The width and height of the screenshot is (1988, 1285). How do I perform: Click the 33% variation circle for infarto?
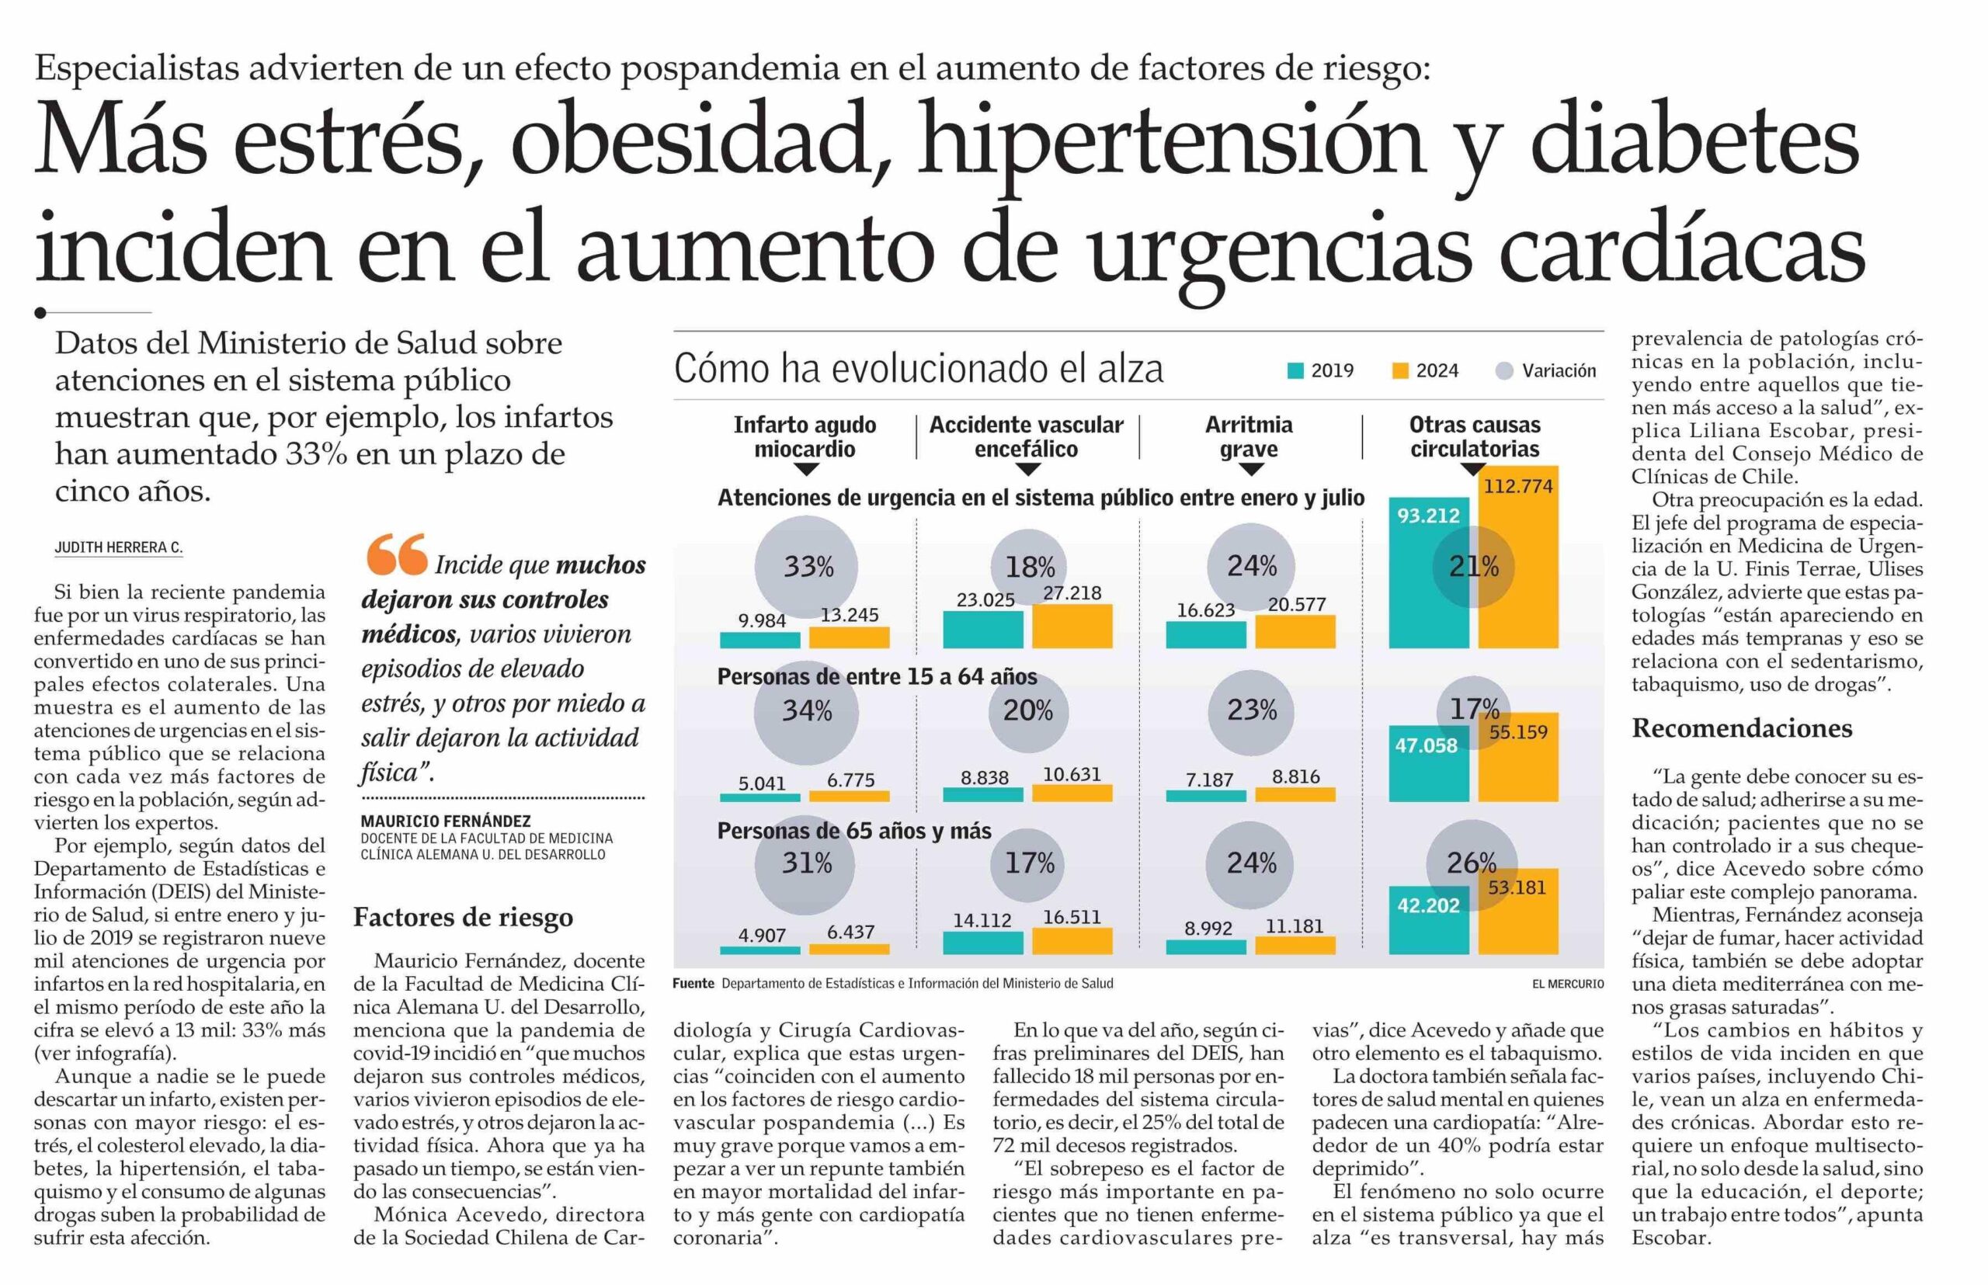tap(807, 568)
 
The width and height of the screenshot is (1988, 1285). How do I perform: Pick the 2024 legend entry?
tap(1426, 370)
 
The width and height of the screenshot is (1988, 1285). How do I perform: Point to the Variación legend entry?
tap(1545, 370)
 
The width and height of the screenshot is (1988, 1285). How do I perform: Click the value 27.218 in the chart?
tap(1072, 592)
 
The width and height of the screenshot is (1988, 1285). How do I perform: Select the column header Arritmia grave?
tap(1249, 436)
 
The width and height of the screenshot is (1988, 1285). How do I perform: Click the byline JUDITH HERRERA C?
tap(119, 547)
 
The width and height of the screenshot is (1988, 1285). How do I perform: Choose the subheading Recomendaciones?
tap(1742, 728)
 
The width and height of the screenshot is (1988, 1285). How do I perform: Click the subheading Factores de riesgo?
tap(463, 917)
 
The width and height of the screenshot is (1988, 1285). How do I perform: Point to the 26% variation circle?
tap(1472, 862)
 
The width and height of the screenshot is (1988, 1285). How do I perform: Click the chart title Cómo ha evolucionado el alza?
tap(918, 368)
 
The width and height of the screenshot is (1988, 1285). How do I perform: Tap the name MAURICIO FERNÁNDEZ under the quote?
tap(446, 821)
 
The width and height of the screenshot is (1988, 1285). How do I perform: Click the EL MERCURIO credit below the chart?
tap(1567, 984)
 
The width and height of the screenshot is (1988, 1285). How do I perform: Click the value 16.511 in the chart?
tap(1072, 917)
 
